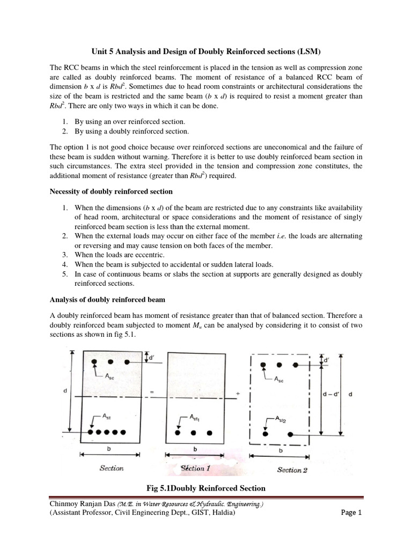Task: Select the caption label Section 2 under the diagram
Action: [x=292, y=470]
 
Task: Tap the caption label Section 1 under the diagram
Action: [x=196, y=468]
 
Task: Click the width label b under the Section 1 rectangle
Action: [x=195, y=448]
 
